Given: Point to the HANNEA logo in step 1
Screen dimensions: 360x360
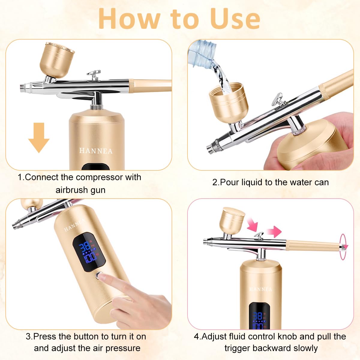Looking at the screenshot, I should [96, 151].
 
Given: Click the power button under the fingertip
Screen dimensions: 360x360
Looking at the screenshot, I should [99, 274].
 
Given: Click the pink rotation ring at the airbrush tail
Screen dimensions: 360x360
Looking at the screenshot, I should [343, 246].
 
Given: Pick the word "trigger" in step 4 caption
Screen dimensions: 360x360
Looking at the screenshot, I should [238, 348].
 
